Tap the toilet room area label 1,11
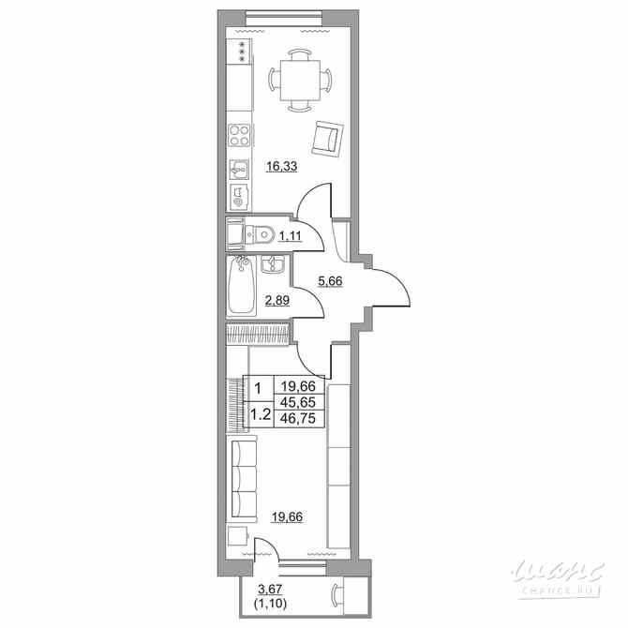point(291,237)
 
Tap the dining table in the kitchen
point(301,78)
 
